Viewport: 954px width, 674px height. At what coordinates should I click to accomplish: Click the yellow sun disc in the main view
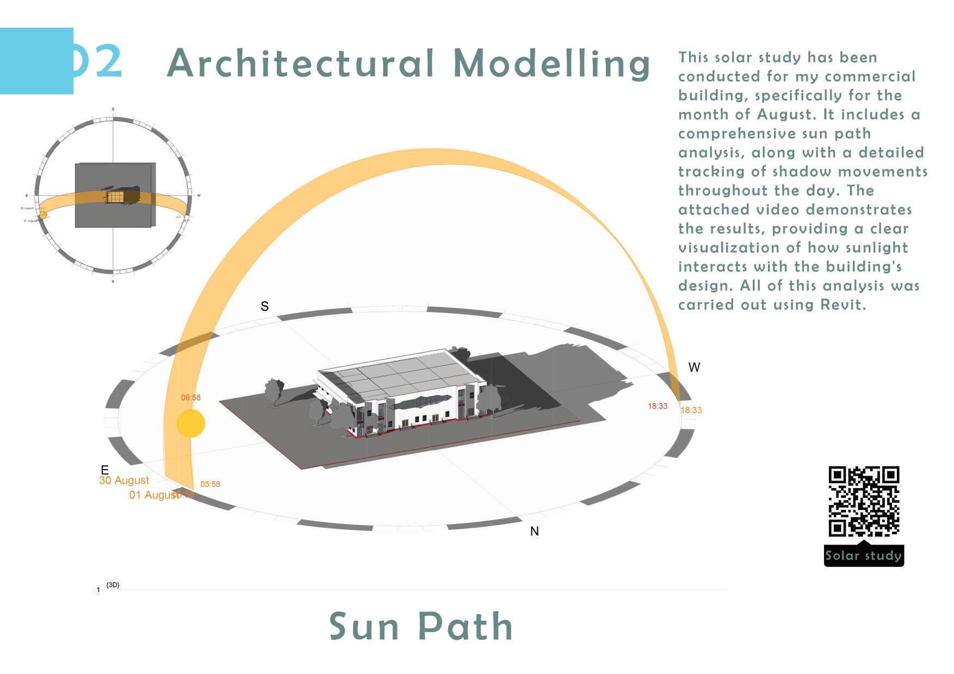(191, 423)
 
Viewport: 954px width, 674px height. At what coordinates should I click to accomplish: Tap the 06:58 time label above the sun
(191, 398)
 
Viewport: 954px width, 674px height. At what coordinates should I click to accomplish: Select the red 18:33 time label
(658, 406)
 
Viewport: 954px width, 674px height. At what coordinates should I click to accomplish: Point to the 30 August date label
(124, 480)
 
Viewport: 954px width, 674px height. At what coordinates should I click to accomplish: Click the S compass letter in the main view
(264, 307)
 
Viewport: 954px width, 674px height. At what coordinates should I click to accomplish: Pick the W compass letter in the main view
(694, 367)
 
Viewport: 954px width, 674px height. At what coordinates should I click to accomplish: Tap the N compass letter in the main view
(535, 532)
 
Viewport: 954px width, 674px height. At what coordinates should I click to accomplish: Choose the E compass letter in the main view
(105, 470)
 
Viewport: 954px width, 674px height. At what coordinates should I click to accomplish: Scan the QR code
(864, 501)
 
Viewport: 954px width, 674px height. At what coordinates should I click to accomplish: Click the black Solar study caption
(864, 556)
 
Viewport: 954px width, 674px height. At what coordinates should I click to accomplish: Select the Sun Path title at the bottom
(421, 627)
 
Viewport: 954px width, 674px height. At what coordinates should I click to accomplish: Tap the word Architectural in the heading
(300, 64)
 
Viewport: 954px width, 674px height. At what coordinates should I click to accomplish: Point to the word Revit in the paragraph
(843, 305)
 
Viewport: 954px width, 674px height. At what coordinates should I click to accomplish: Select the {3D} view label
(113, 585)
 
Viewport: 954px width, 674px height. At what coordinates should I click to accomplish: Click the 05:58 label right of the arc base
(210, 484)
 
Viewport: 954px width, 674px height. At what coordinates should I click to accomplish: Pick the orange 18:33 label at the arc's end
(691, 410)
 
